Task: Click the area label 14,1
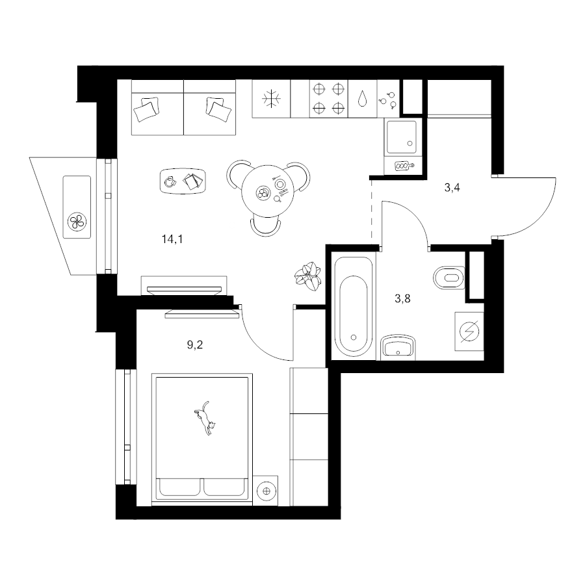point(172,239)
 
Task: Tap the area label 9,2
point(195,344)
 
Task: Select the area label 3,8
point(402,298)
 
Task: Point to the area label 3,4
point(452,188)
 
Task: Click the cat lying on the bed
point(205,418)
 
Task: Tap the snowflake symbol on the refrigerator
point(271,99)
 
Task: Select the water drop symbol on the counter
point(362,99)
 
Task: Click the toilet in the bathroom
point(449,278)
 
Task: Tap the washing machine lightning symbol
point(469,331)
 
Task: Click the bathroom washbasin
point(398,347)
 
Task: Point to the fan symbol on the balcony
point(77,222)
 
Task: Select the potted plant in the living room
point(308,276)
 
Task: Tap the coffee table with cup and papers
point(183,181)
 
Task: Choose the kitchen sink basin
point(402,137)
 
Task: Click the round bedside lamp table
point(266,491)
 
